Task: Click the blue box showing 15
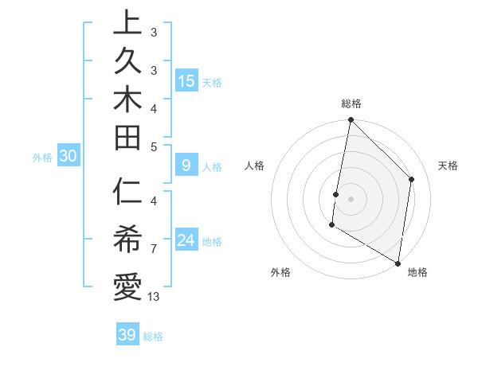186,81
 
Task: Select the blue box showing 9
186,166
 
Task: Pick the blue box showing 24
186,240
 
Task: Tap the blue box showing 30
69,157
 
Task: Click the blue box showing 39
127,335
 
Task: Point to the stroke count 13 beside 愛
154,297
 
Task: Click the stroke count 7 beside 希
154,249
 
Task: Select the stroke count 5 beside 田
154,146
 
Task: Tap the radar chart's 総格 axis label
351,103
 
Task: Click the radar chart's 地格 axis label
417,273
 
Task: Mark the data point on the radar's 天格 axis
412,179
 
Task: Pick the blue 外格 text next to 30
42,158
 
